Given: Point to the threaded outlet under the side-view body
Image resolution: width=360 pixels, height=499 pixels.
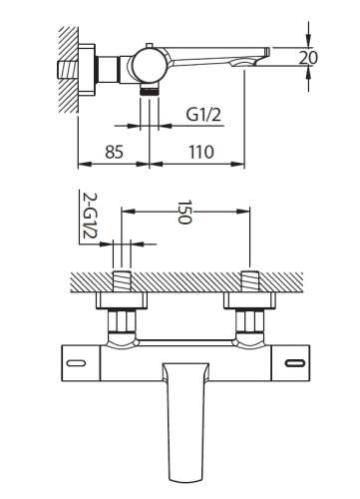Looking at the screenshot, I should [150, 90].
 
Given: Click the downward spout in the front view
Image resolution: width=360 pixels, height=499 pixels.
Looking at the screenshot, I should [185, 409].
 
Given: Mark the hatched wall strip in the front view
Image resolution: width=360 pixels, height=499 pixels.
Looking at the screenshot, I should [185, 281].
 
